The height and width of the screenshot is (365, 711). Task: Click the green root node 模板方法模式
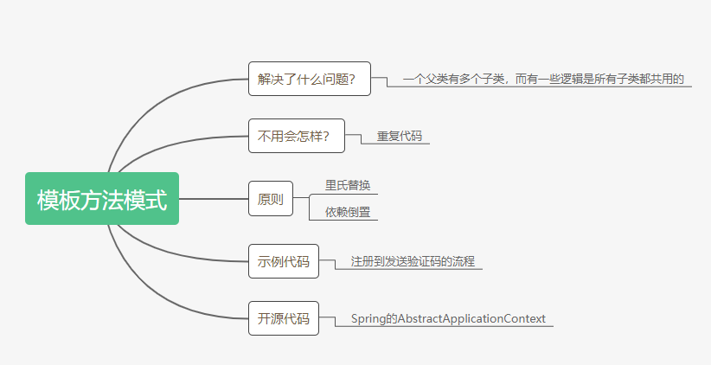coord(102,199)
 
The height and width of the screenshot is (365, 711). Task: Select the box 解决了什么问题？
coord(309,80)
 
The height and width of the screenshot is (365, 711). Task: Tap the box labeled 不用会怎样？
coord(296,136)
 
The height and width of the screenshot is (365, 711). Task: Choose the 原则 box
coord(270,199)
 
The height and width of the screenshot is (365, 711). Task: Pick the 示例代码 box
coord(283,261)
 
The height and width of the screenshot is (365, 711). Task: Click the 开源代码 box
coord(283,318)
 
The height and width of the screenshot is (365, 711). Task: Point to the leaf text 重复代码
coord(399,136)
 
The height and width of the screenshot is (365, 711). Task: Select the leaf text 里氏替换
coord(347,185)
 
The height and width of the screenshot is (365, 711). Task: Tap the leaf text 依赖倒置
coord(347,212)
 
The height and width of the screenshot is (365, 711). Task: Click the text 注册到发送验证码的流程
coord(413,260)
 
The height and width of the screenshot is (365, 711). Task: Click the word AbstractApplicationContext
coord(471,318)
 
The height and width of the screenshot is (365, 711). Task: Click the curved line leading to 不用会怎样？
coord(173,146)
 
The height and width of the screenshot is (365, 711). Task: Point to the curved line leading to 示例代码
coord(173,252)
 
